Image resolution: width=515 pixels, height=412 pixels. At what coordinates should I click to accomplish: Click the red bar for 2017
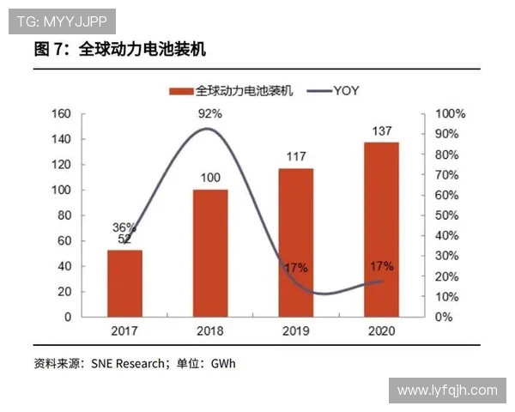(124, 283)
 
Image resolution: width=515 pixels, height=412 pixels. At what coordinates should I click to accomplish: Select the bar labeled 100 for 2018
(210, 252)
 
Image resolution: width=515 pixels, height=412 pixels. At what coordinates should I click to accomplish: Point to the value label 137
(381, 131)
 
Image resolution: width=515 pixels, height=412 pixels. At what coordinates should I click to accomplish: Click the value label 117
(296, 157)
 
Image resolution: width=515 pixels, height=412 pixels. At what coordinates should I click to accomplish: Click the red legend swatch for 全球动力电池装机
(181, 89)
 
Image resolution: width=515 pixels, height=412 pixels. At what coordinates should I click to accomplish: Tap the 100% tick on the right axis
(450, 114)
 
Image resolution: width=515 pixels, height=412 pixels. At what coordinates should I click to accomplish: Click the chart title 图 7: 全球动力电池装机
(119, 50)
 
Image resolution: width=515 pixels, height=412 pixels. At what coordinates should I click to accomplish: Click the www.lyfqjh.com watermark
(446, 391)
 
